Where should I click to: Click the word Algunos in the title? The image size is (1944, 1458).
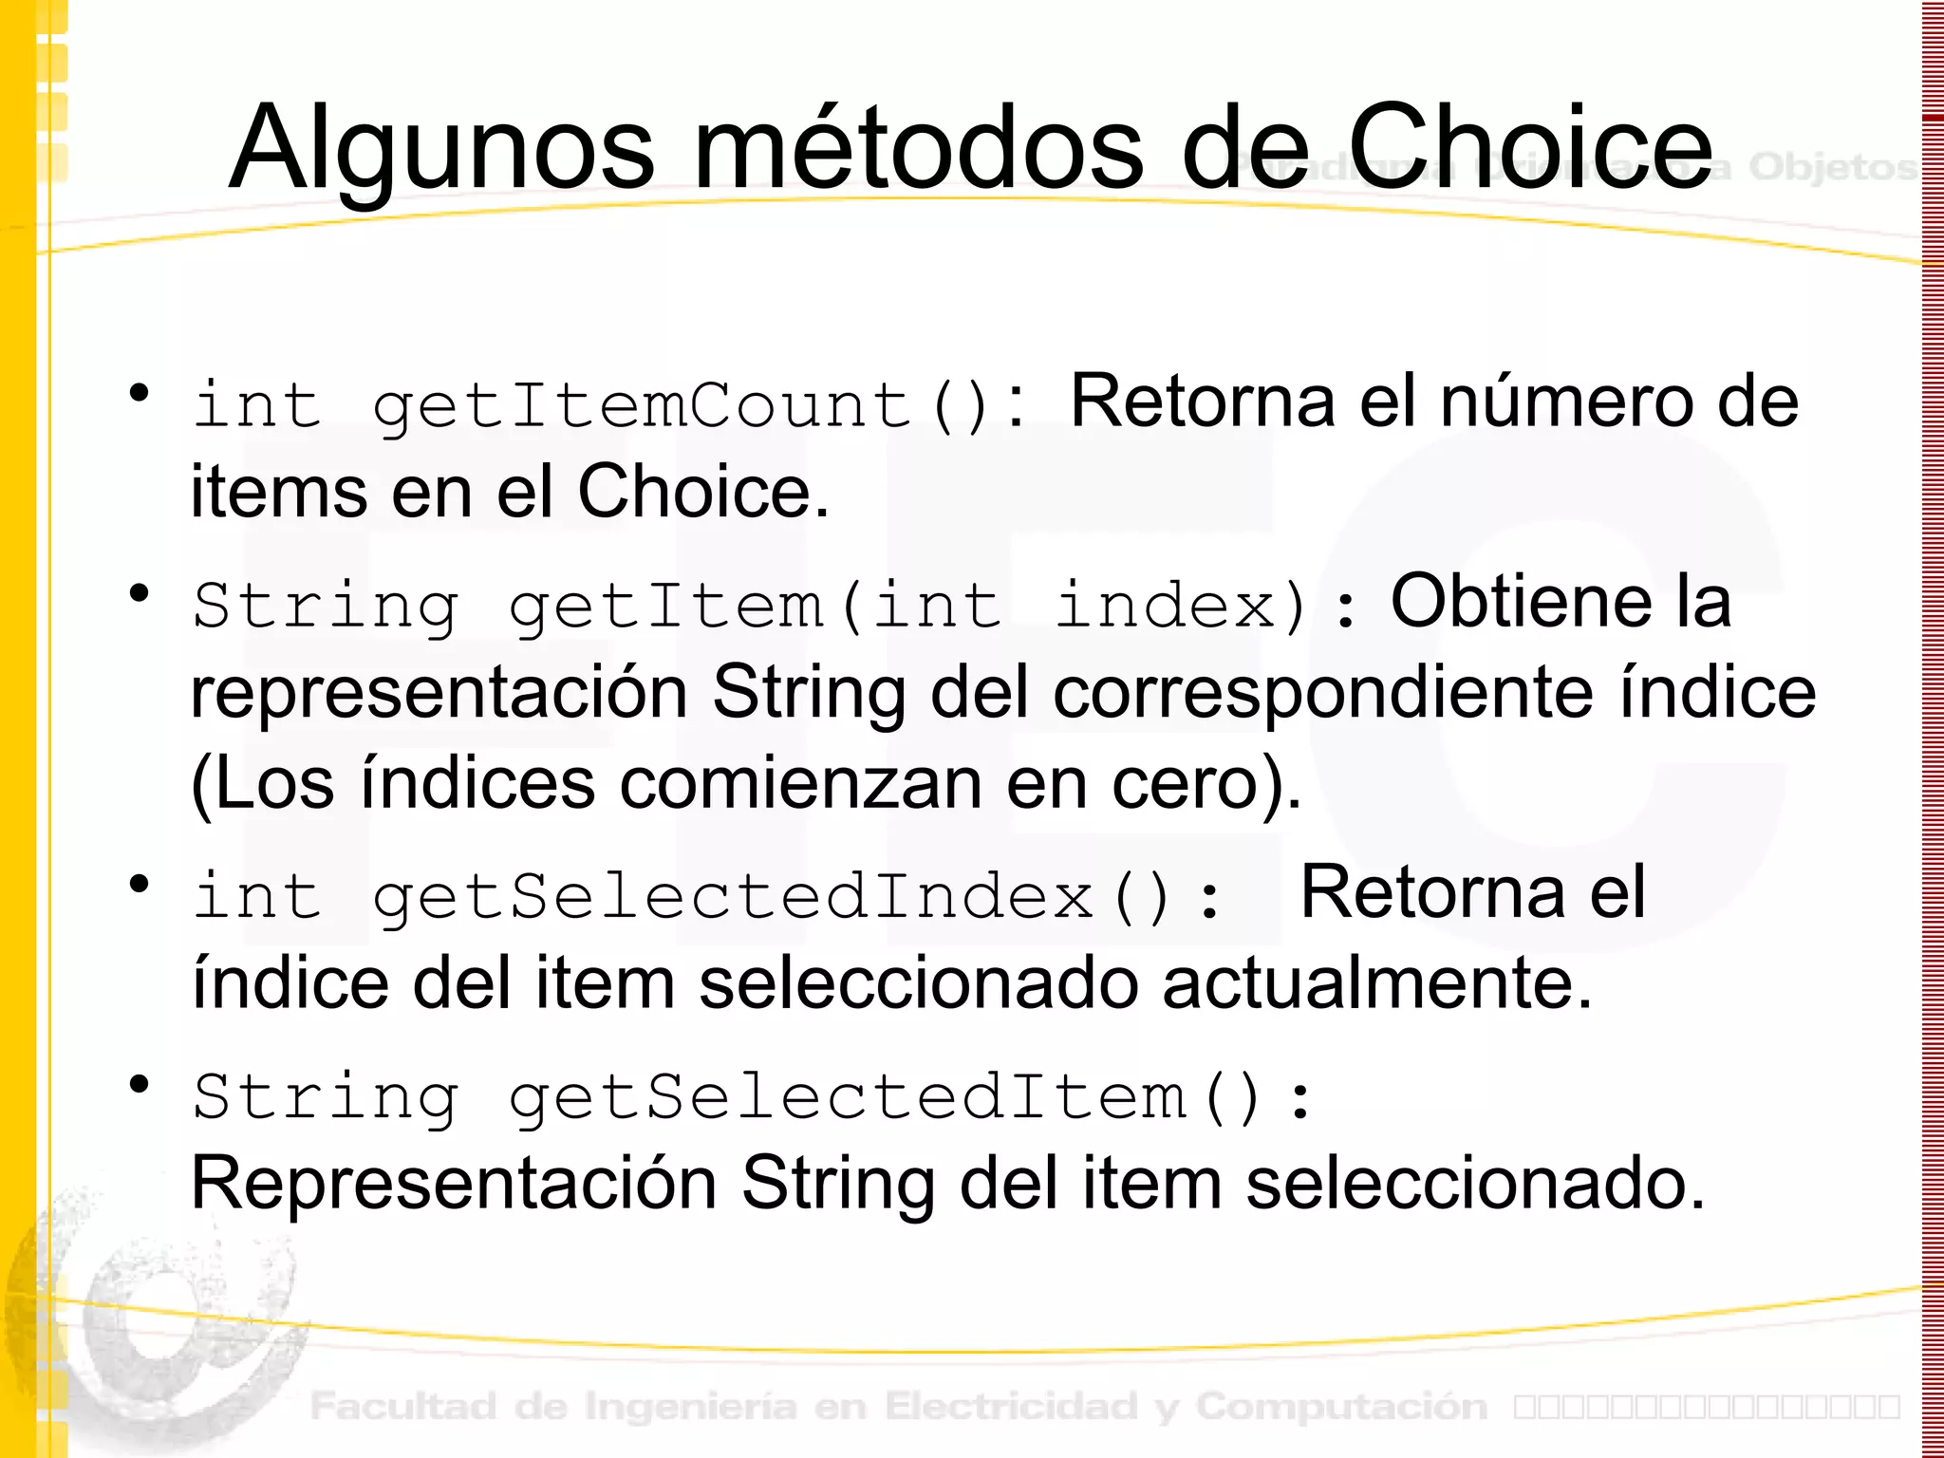(x=441, y=149)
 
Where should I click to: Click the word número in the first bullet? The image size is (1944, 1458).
(x=1567, y=402)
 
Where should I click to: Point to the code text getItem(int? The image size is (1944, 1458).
(x=755, y=606)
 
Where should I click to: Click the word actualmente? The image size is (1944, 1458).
(x=1376, y=983)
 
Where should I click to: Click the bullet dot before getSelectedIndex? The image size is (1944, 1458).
(x=140, y=884)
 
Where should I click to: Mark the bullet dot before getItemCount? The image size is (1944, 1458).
(x=140, y=392)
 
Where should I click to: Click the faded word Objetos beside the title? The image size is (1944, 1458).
(x=1832, y=167)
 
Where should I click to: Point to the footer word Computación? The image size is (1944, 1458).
(x=1341, y=1406)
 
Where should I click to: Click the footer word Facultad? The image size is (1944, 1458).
(x=403, y=1406)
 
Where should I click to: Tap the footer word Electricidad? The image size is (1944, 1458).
(x=1011, y=1406)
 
